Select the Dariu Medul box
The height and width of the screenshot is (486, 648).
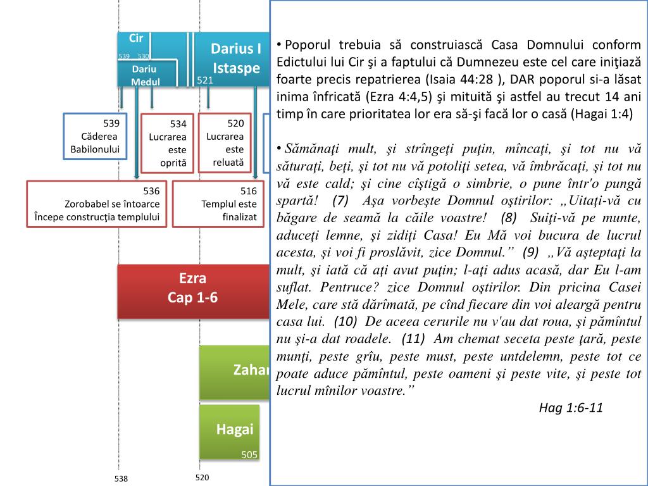146,74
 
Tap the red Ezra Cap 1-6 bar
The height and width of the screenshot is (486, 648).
193,288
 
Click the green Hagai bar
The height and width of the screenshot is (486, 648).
230,430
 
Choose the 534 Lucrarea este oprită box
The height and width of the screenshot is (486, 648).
168,143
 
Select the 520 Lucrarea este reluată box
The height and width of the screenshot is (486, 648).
225,142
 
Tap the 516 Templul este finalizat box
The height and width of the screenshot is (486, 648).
219,204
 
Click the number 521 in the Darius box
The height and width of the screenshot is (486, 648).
205,80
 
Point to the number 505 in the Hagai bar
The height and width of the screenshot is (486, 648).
249,454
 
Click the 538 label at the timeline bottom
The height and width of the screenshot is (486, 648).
121,478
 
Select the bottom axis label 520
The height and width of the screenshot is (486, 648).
202,477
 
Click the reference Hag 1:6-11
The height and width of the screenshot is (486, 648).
571,408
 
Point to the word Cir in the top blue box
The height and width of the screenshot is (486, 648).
136,39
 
